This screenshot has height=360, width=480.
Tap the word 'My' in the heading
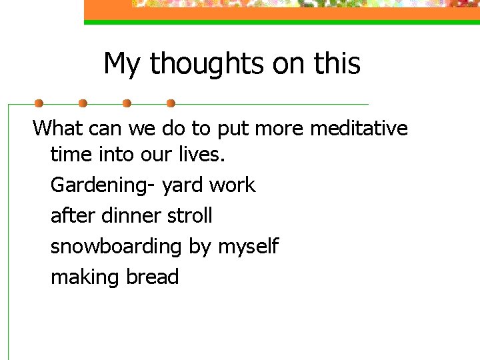(x=123, y=65)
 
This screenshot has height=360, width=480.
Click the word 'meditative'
(x=358, y=127)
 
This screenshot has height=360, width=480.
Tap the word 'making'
(x=81, y=277)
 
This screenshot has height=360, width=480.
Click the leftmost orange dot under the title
(x=39, y=104)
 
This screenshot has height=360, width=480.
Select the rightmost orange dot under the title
(x=171, y=104)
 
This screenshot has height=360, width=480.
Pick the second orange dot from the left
(x=83, y=104)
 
